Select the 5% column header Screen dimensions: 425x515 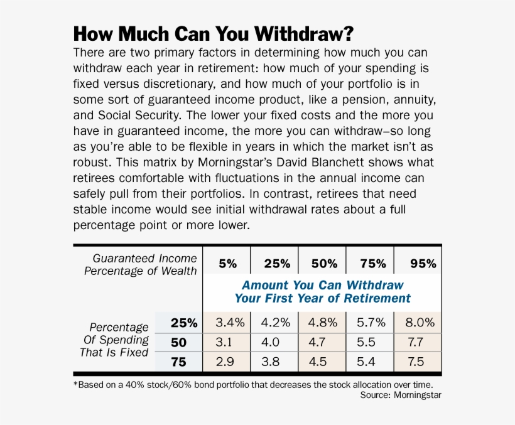(x=227, y=264)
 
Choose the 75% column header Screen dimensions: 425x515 (x=371, y=264)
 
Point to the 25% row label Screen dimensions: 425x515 (x=184, y=323)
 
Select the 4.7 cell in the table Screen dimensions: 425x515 (x=323, y=342)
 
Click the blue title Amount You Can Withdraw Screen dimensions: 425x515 (x=322, y=285)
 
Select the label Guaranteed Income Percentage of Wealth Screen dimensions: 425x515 (x=141, y=264)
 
